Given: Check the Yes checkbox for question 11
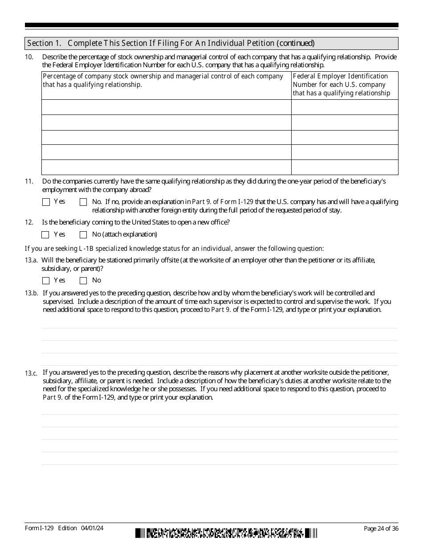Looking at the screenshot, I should pyautogui.click(x=46, y=202).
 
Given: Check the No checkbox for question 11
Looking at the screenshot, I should pyautogui.click(x=83, y=202).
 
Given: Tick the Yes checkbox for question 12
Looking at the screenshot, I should pyautogui.click(x=45, y=235).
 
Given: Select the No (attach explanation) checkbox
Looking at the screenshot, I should pyautogui.click(x=83, y=235).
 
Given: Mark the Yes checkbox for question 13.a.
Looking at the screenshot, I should pyautogui.click(x=46, y=281).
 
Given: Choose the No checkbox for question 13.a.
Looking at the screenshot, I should pyautogui.click(x=83, y=281).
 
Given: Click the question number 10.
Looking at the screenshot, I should pyautogui.click(x=29, y=57).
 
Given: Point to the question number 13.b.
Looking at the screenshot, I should pyautogui.click(x=31, y=293).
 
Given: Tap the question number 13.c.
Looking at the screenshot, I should pyautogui.click(x=31, y=373).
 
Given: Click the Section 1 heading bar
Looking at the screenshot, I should pyautogui.click(x=211, y=43).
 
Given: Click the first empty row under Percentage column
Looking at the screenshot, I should pyautogui.click(x=167, y=107).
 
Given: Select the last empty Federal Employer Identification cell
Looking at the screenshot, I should pyautogui.click(x=345, y=167).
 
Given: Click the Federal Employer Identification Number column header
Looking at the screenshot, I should pyautogui.click(x=345, y=85).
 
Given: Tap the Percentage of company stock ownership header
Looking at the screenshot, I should pyautogui.click(x=167, y=81).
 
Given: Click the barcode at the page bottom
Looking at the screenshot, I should pyautogui.click(x=226, y=533).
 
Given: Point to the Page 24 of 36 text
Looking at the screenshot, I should pyautogui.click(x=381, y=528).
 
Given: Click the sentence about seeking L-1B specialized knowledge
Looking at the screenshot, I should pyautogui.click(x=174, y=249).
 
